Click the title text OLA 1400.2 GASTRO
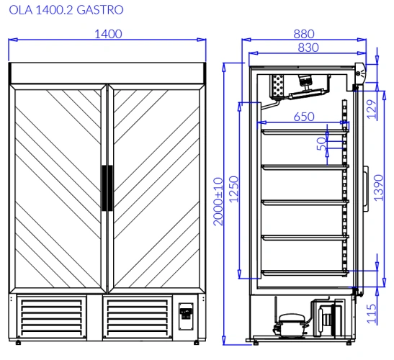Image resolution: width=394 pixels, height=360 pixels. click(66, 10)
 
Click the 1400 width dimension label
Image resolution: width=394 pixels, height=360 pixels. click(108, 34)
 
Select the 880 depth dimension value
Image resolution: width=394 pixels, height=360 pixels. click(304, 34)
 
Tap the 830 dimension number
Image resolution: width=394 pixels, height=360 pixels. click(308, 48)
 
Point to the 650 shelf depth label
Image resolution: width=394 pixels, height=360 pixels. click(304, 117)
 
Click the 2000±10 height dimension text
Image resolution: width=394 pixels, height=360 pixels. click(218, 202)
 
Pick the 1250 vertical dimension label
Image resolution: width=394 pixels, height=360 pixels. click(233, 189)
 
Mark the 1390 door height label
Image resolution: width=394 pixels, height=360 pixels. click(378, 188)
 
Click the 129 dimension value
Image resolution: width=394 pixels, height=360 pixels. click(372, 109)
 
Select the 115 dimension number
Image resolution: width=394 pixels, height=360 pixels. click(372, 314)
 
